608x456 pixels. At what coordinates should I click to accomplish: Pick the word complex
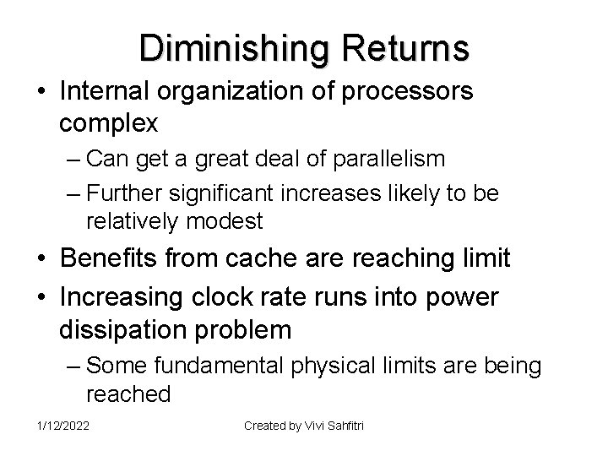tap(109, 124)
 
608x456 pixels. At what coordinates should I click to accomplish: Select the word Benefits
tap(114, 258)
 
